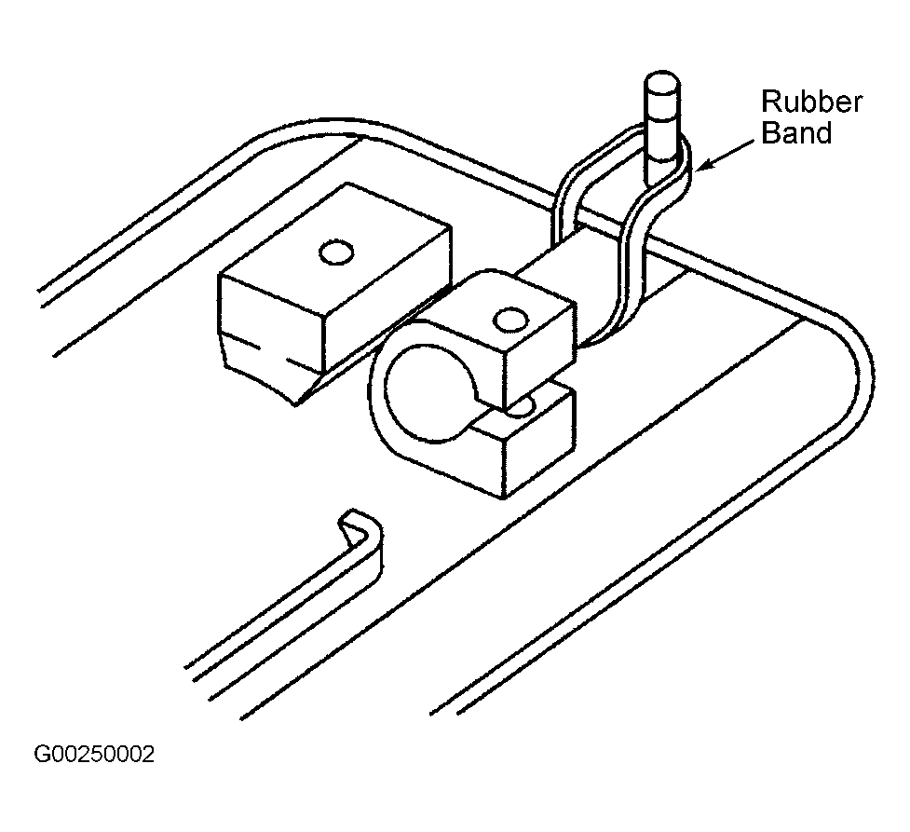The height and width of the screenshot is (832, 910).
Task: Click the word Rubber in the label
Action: [811, 102]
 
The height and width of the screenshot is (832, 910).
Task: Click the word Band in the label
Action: [796, 132]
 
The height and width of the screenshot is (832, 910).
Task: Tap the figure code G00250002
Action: [95, 754]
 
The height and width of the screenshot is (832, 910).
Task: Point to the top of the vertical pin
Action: [661, 80]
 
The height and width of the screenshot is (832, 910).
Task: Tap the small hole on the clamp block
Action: [510, 320]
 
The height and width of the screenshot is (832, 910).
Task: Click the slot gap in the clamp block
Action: [510, 406]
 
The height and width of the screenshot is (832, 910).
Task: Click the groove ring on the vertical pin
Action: [661, 119]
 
